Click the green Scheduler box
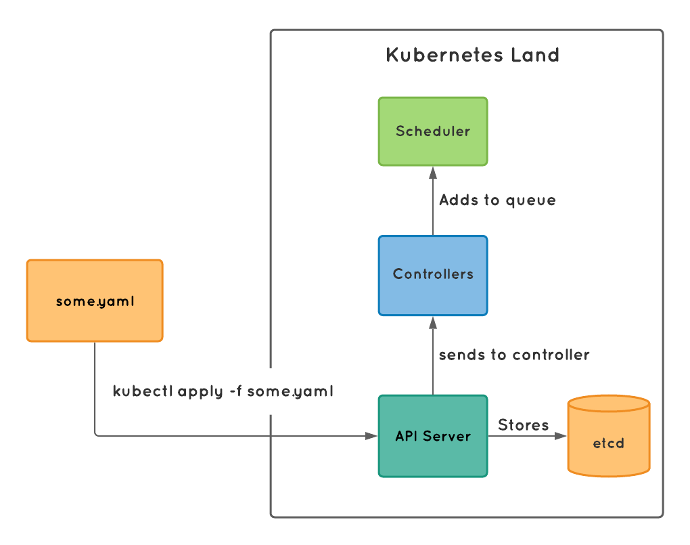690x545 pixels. coord(433,131)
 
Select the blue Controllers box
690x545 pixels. coord(433,275)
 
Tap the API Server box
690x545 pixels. coord(433,436)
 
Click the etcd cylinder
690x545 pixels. coord(609,437)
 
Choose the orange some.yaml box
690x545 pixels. coord(95,301)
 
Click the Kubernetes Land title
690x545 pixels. coord(473,55)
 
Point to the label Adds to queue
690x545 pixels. coord(497,200)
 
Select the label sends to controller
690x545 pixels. coord(514,355)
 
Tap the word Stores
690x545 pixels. coord(523,425)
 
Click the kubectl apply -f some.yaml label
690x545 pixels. coord(223,391)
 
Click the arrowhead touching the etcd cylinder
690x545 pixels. coord(562,436)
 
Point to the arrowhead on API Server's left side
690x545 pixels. coord(372,436)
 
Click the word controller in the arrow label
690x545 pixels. coord(551,355)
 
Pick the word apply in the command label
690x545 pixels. coord(198,392)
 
